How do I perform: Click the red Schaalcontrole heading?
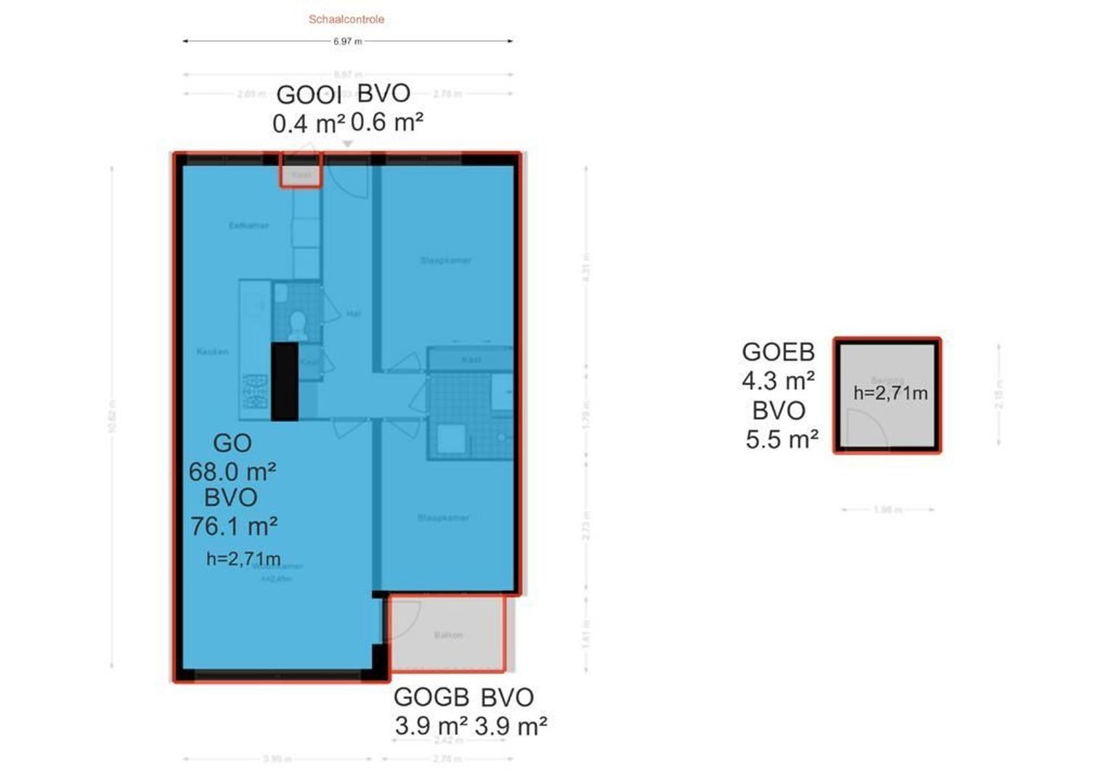click(x=346, y=20)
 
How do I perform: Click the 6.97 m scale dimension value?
click(x=347, y=41)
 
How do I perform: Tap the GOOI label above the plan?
click(x=309, y=95)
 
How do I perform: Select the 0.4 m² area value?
click(x=308, y=124)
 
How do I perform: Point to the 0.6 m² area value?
click(x=386, y=122)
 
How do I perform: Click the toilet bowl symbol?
click(x=296, y=325)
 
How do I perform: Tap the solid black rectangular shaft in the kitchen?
click(x=285, y=381)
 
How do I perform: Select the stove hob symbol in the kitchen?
click(x=255, y=391)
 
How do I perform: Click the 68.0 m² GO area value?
click(x=232, y=472)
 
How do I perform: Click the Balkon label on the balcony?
click(x=448, y=635)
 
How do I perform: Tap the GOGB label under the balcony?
click(x=431, y=697)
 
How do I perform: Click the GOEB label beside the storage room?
click(x=778, y=352)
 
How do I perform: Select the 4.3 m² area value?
click(x=778, y=380)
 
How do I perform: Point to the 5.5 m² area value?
click(x=782, y=439)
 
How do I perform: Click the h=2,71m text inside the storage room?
click(x=890, y=393)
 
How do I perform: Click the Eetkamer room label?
click(x=248, y=226)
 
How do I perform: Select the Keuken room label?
click(x=212, y=352)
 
